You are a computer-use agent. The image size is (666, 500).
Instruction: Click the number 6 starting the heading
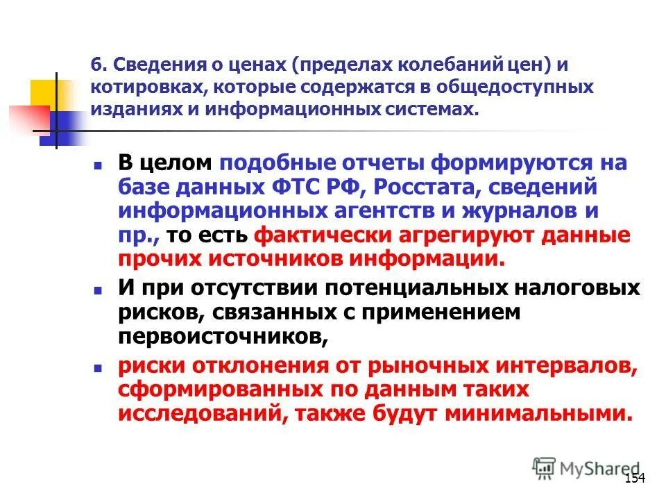[x=97, y=65]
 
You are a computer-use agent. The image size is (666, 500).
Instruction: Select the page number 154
[x=635, y=478]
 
